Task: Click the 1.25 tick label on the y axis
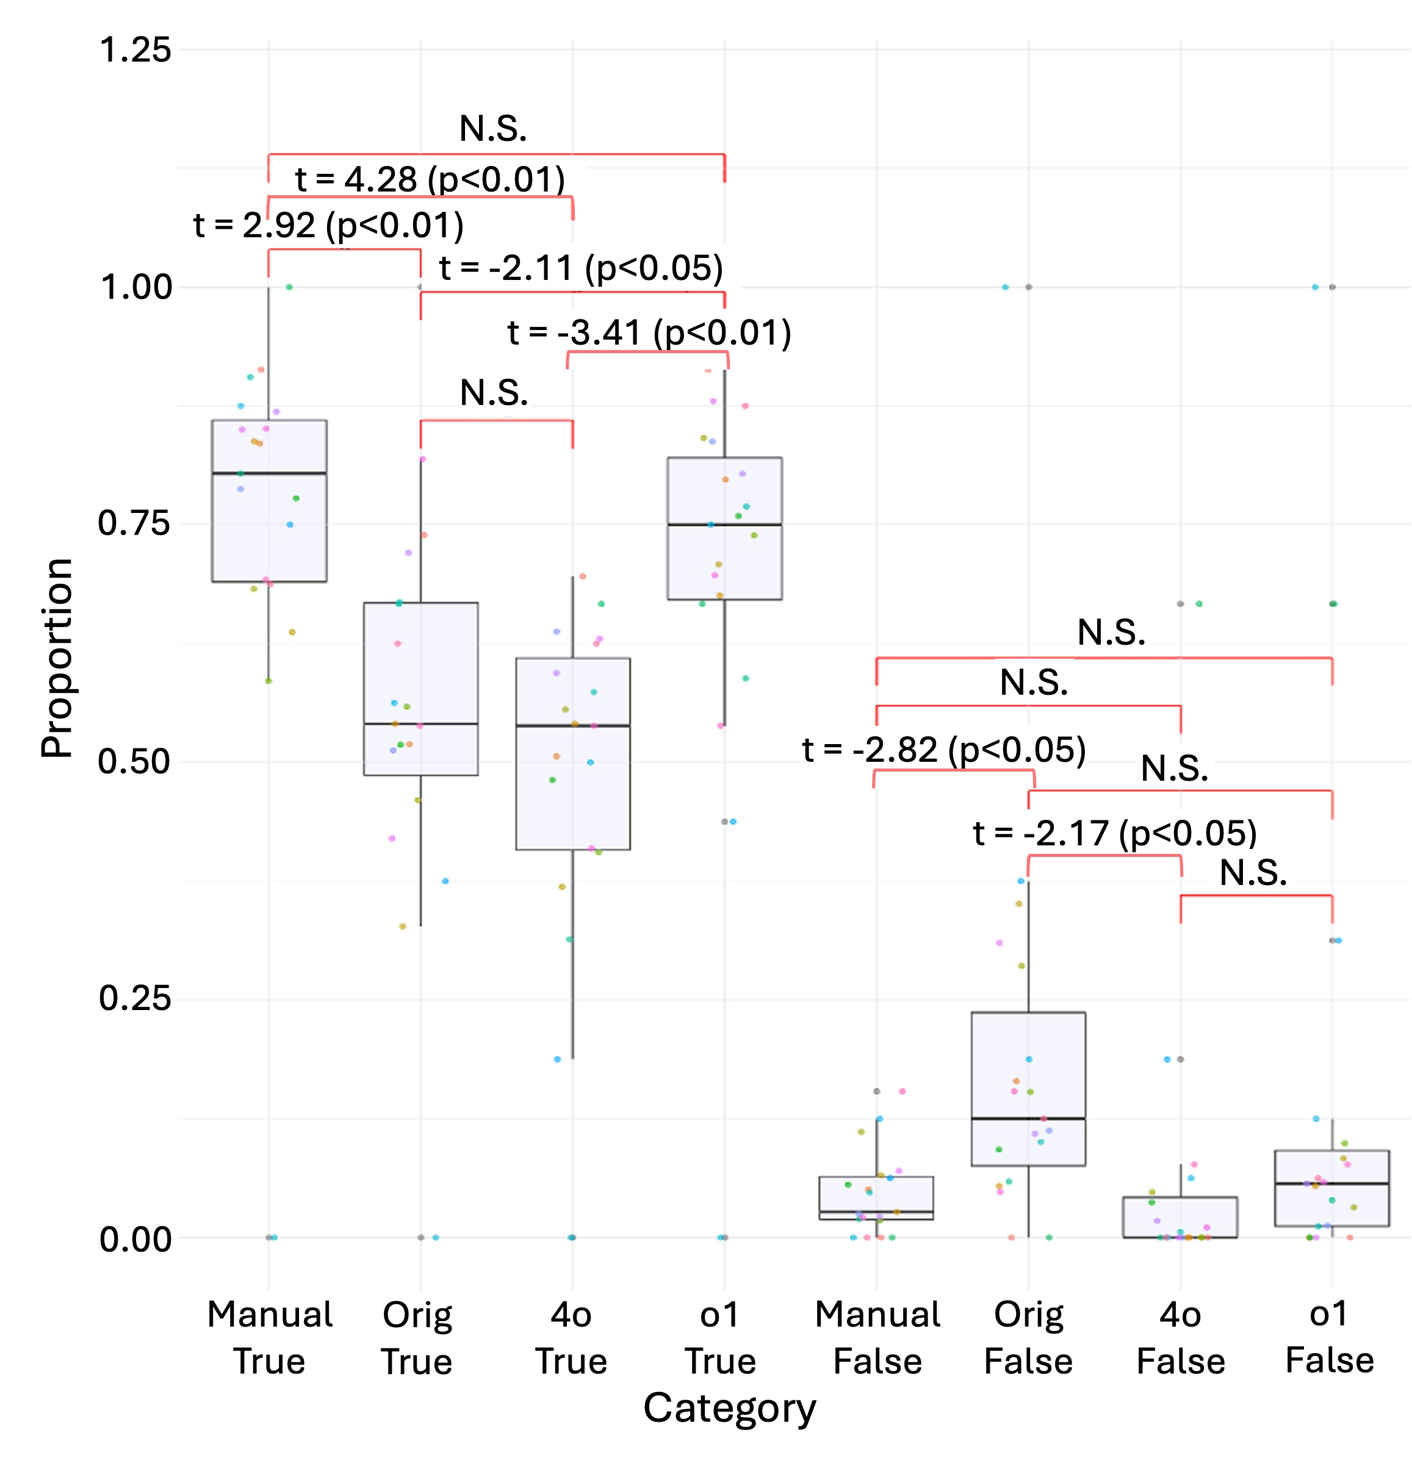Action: [135, 51]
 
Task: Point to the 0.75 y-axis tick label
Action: [135, 524]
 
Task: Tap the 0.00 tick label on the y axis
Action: [135, 1239]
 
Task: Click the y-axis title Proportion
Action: [57, 658]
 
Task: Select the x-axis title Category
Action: [729, 1408]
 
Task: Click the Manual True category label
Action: [270, 1338]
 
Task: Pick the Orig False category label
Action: [1028, 1338]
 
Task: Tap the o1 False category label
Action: [1329, 1337]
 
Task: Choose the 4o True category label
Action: [571, 1338]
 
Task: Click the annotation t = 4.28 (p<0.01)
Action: [430, 179]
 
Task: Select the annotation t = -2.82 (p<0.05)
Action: [943, 750]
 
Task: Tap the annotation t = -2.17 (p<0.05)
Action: [1114, 833]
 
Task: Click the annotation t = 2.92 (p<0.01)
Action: [328, 225]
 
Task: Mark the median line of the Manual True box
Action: [270, 473]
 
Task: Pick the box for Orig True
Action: [420, 689]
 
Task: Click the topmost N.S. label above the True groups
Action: [492, 129]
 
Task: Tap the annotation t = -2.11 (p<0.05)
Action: [581, 268]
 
